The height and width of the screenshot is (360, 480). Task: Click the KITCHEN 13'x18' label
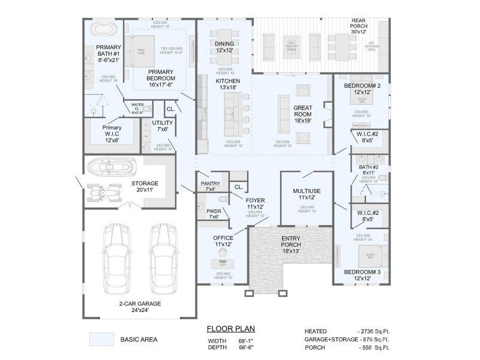pyautogui.click(x=228, y=84)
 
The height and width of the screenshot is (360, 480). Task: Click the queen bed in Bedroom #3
pyautogui.click(x=367, y=257)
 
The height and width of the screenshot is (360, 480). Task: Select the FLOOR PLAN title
pyautogui.click(x=230, y=329)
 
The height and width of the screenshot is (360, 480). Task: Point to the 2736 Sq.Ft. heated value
pyautogui.click(x=374, y=331)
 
